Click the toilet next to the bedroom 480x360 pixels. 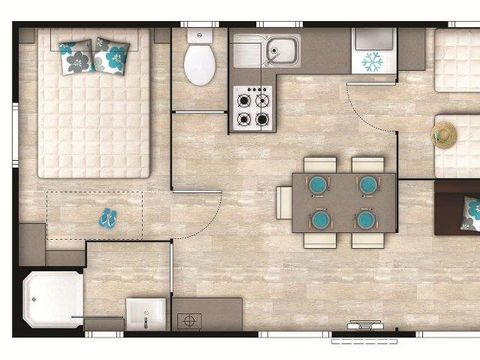(x=200, y=65)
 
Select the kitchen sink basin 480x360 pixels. (x=279, y=49)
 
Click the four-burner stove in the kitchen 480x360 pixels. (x=252, y=108)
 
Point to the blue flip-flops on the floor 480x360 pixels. (x=106, y=217)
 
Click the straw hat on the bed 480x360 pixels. (x=444, y=134)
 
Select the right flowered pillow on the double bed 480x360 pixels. (x=109, y=57)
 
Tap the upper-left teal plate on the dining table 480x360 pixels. (x=318, y=185)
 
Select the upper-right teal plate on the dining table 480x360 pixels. (x=367, y=185)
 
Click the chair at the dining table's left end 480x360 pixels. (x=284, y=201)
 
